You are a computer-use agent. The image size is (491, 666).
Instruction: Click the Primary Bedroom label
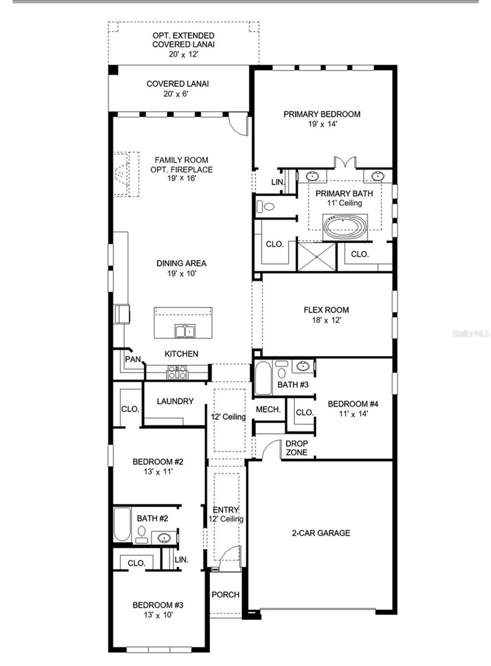tap(322, 114)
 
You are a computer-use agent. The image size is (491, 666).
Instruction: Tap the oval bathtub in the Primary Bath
tap(345, 226)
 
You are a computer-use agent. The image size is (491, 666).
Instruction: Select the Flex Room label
tap(326, 310)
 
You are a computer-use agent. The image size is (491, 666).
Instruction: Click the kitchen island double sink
tap(185, 331)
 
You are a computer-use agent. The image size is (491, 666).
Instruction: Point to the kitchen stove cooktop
tap(176, 372)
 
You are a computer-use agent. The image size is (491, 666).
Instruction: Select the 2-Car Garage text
tap(321, 533)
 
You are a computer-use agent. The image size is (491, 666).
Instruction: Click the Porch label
tap(225, 595)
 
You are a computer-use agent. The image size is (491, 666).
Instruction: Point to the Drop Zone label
tap(296, 448)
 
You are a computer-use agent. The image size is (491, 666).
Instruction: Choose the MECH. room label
tap(268, 409)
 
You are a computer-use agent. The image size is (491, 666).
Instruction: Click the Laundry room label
tap(175, 401)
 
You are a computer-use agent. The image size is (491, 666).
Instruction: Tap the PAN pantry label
tap(133, 359)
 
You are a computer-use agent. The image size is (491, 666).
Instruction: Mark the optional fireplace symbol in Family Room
tap(126, 174)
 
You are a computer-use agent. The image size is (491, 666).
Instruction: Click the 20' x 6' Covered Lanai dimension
tap(175, 94)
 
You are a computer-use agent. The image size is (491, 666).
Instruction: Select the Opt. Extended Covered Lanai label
tap(183, 40)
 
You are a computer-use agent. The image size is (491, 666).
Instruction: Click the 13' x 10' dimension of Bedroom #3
tap(158, 615)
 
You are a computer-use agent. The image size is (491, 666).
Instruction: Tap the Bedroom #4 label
tap(353, 404)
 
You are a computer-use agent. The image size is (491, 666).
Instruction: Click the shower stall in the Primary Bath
tap(317, 257)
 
